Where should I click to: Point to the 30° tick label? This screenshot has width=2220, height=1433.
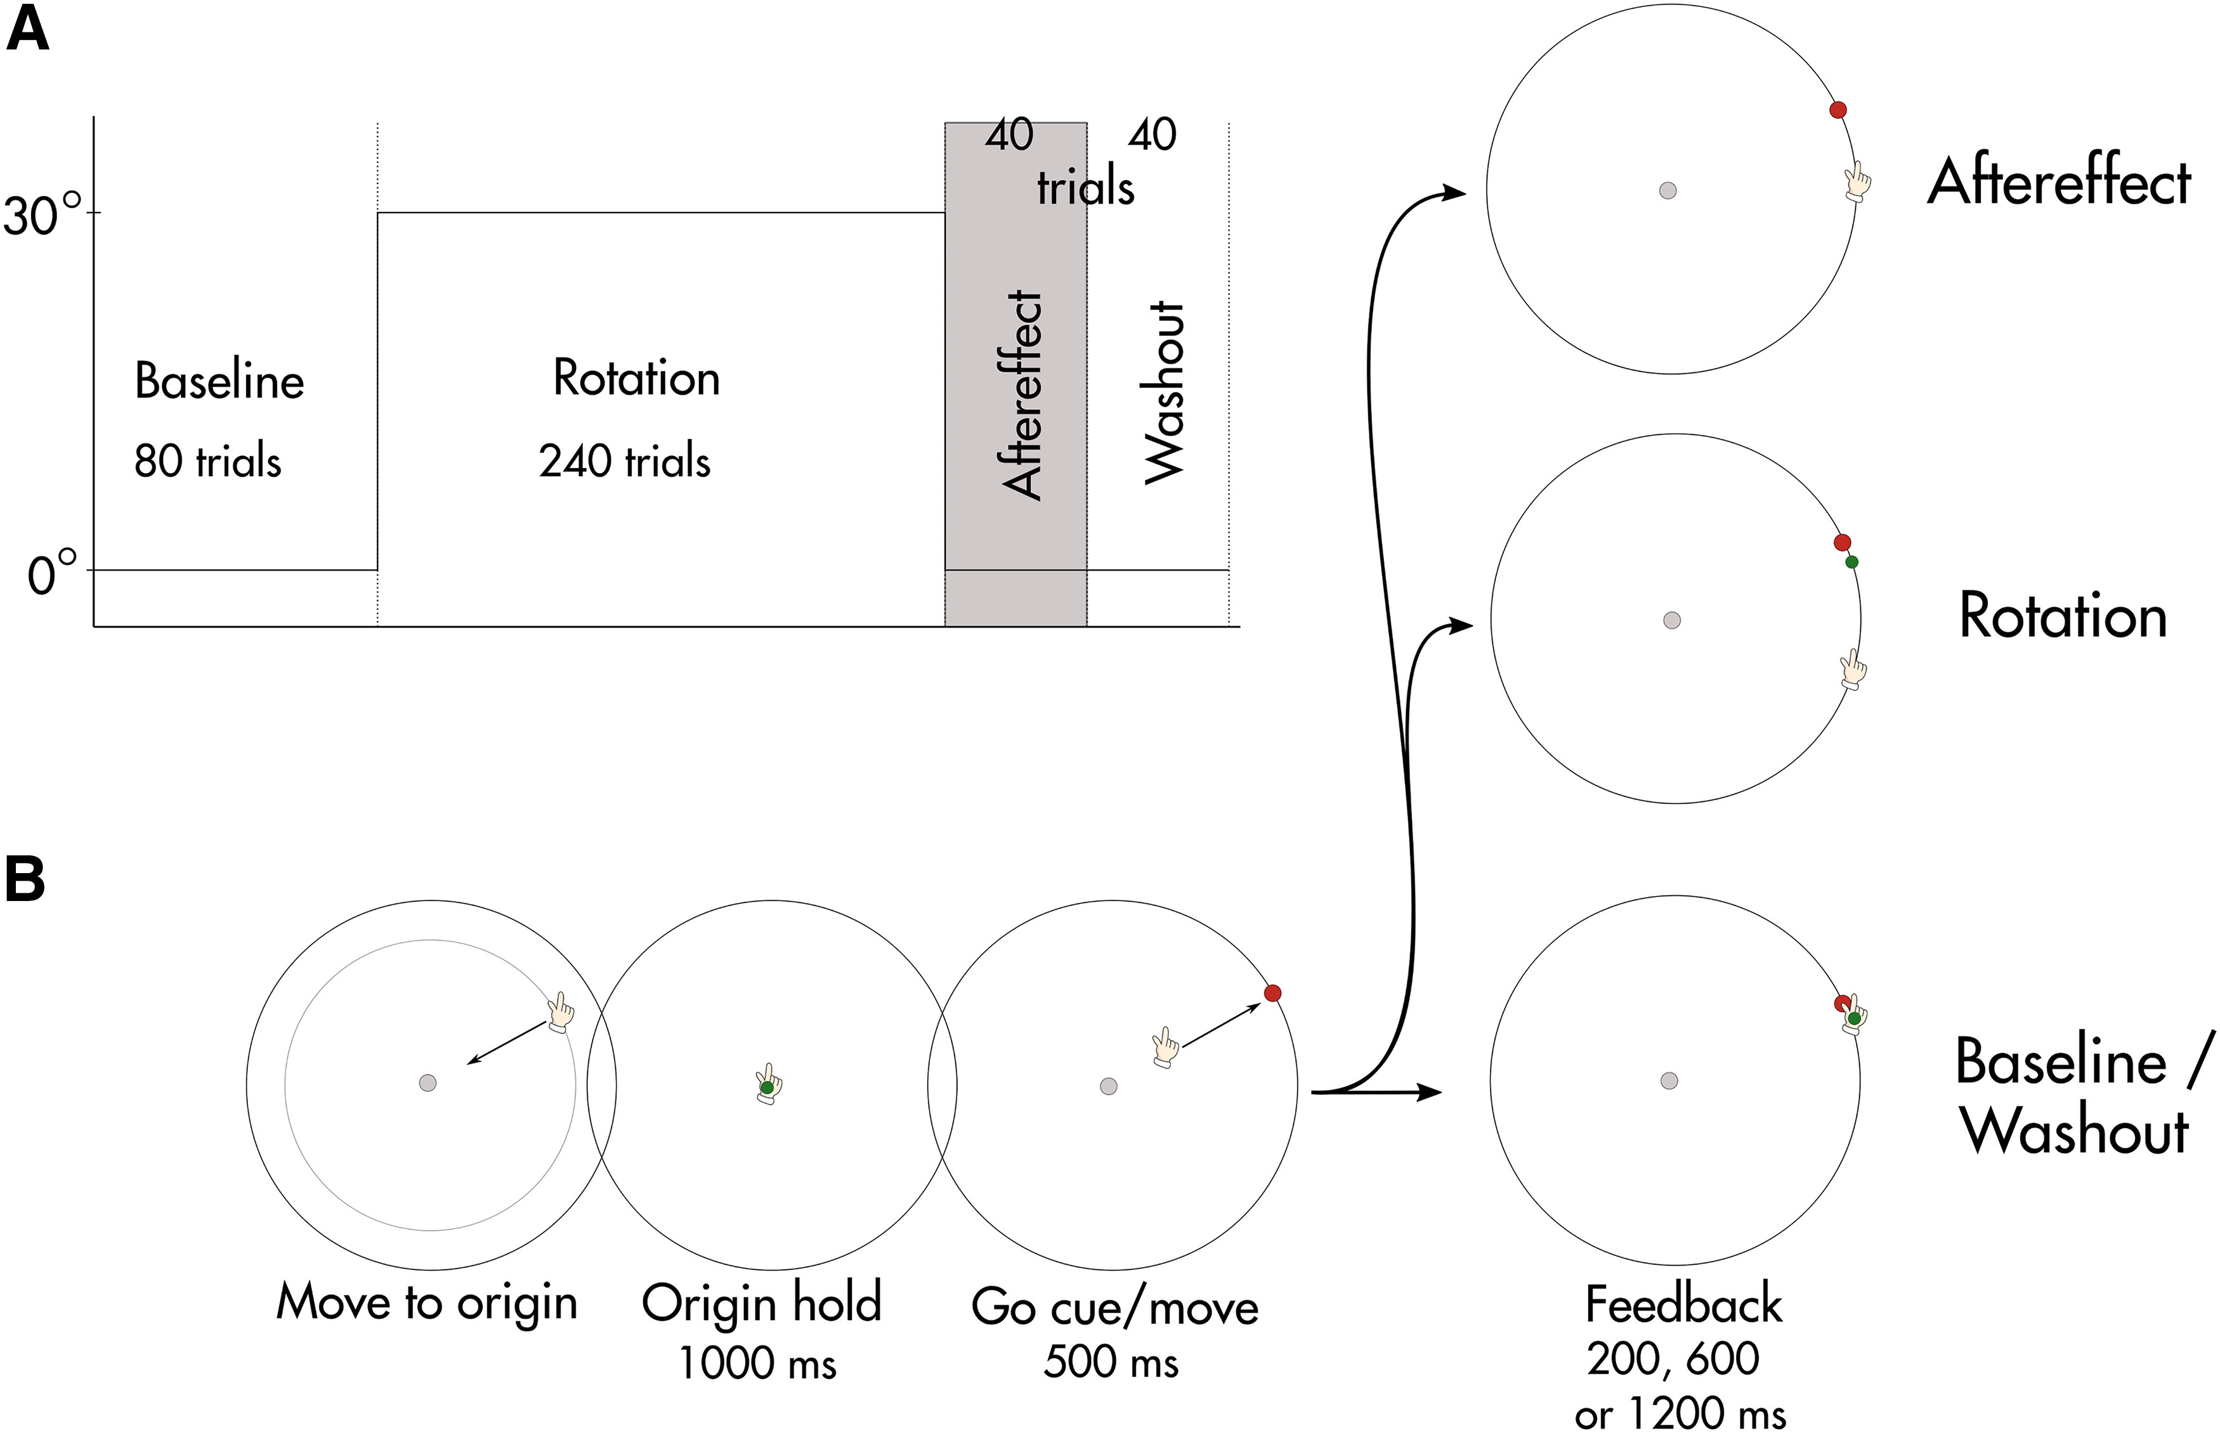tap(42, 216)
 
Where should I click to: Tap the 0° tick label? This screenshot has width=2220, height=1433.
tap(52, 573)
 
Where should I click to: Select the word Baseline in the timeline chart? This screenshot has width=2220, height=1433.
tap(219, 380)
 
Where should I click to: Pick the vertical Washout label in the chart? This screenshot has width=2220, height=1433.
tap(1163, 392)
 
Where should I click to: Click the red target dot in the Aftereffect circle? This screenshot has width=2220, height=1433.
tap(1838, 110)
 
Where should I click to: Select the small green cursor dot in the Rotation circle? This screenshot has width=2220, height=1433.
tap(1851, 562)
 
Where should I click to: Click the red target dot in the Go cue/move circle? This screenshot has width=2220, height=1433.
tap(1272, 993)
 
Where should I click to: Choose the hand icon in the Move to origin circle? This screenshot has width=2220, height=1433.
tap(560, 1011)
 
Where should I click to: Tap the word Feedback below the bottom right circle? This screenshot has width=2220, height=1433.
tap(1683, 1304)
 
